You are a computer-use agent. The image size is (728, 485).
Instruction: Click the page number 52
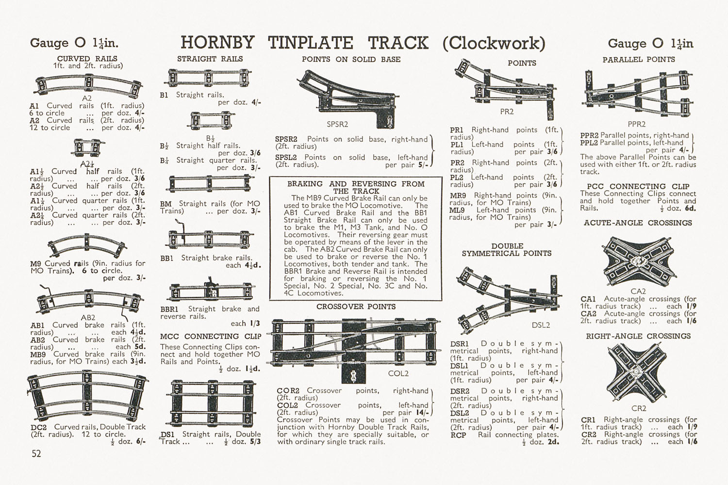(x=36, y=453)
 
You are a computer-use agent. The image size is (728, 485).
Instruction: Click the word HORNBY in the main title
(x=217, y=43)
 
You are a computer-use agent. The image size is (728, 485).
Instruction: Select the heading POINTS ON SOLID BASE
(x=351, y=60)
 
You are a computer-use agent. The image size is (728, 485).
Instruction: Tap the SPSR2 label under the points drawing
(x=337, y=124)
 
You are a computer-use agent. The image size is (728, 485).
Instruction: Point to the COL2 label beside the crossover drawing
(x=398, y=373)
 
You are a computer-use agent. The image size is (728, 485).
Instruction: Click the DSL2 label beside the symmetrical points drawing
(x=541, y=325)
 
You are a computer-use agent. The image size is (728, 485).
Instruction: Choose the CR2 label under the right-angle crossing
(x=639, y=408)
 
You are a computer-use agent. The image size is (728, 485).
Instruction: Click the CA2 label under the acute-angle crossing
(x=638, y=291)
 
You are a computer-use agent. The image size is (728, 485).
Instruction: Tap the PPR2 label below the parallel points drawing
(x=637, y=124)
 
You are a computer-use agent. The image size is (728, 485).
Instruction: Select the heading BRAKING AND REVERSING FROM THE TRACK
(x=356, y=187)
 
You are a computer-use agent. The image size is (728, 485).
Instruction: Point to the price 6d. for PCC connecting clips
(x=690, y=208)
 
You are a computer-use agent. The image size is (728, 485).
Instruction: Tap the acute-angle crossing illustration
(x=638, y=262)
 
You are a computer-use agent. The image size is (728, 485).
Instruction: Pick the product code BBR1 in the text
(x=169, y=309)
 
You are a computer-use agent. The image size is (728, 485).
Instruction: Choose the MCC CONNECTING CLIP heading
(x=211, y=336)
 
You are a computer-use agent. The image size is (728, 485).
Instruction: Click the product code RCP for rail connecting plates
(x=458, y=435)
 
